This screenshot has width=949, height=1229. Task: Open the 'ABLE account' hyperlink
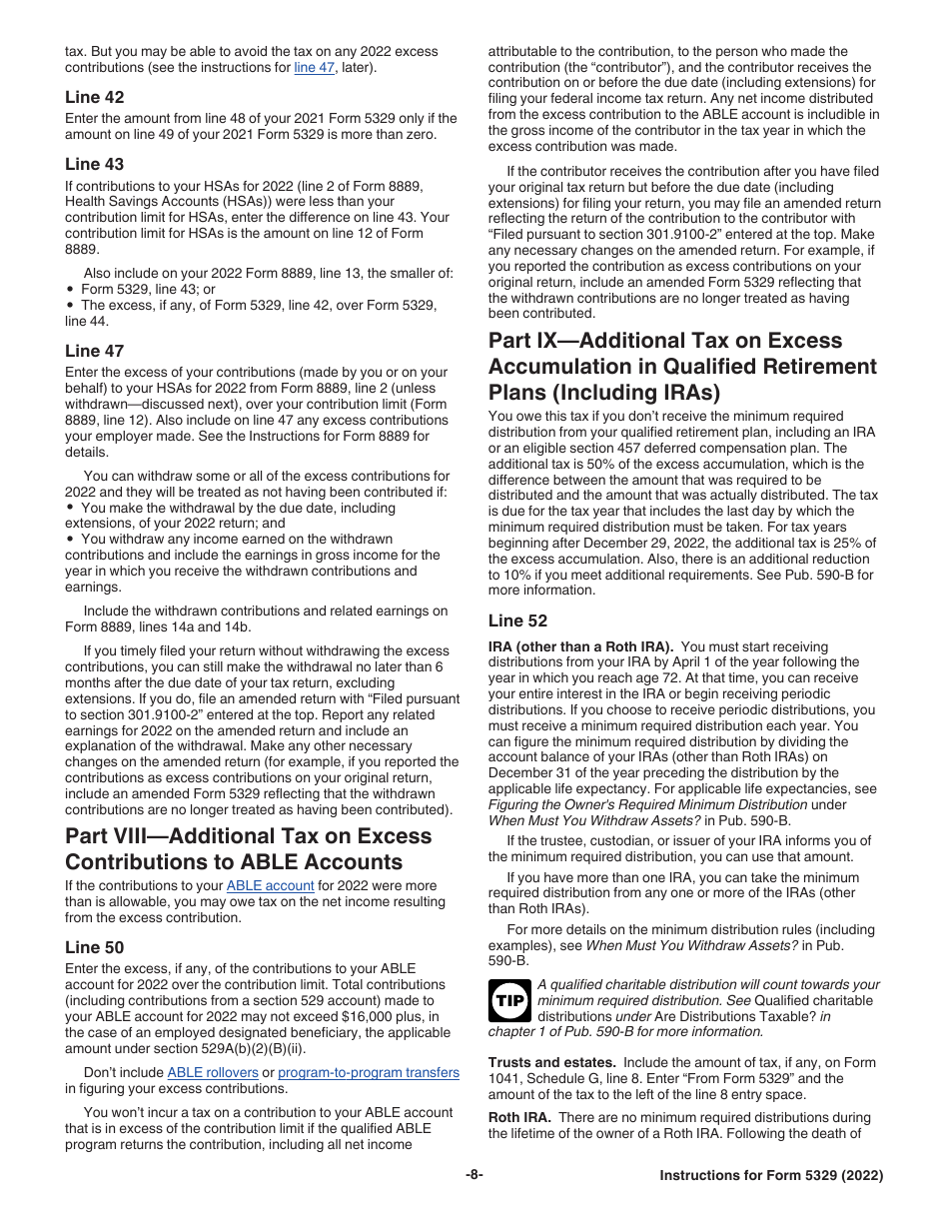pos(270,885)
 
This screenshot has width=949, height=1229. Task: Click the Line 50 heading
pos(95,947)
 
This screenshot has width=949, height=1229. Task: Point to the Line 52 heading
pos(517,621)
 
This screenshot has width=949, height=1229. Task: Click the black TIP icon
pos(509,1000)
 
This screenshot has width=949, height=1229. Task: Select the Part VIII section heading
pos(248,848)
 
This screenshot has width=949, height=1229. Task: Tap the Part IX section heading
pos(682,366)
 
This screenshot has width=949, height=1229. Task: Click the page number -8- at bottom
pos(474,1175)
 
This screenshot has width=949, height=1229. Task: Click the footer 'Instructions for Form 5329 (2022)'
pos(771,1176)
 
